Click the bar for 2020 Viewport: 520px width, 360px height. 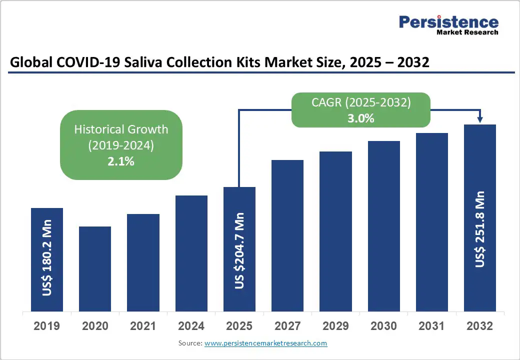click(95, 268)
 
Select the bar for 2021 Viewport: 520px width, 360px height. click(143, 262)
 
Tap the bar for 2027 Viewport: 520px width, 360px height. click(287, 235)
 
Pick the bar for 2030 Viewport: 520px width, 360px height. click(384, 226)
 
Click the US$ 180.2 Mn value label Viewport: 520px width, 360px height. click(47, 263)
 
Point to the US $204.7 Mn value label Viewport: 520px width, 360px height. click(240, 250)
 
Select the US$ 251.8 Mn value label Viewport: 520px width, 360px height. click(480, 228)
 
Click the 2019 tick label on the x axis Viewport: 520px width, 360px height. click(46, 326)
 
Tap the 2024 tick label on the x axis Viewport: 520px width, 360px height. click(191, 326)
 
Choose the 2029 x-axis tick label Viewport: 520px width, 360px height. click(335, 326)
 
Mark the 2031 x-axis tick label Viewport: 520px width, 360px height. click(431, 326)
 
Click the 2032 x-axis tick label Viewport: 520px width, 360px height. click(479, 326)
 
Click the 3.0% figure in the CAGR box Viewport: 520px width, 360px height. click(360, 118)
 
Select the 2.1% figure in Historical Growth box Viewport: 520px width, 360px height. click(121, 161)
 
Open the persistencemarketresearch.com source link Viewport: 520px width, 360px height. click(265, 343)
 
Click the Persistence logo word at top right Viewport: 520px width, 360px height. click(448, 22)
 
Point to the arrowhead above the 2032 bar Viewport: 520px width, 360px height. click(480, 119)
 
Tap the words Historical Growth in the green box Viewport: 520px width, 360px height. click(121, 129)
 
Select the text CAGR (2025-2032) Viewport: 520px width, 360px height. click(360, 102)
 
